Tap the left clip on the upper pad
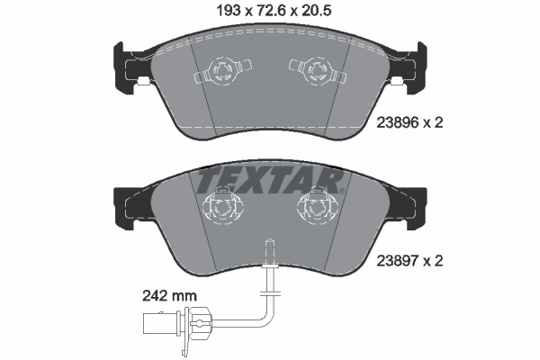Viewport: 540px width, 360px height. point(220,71)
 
